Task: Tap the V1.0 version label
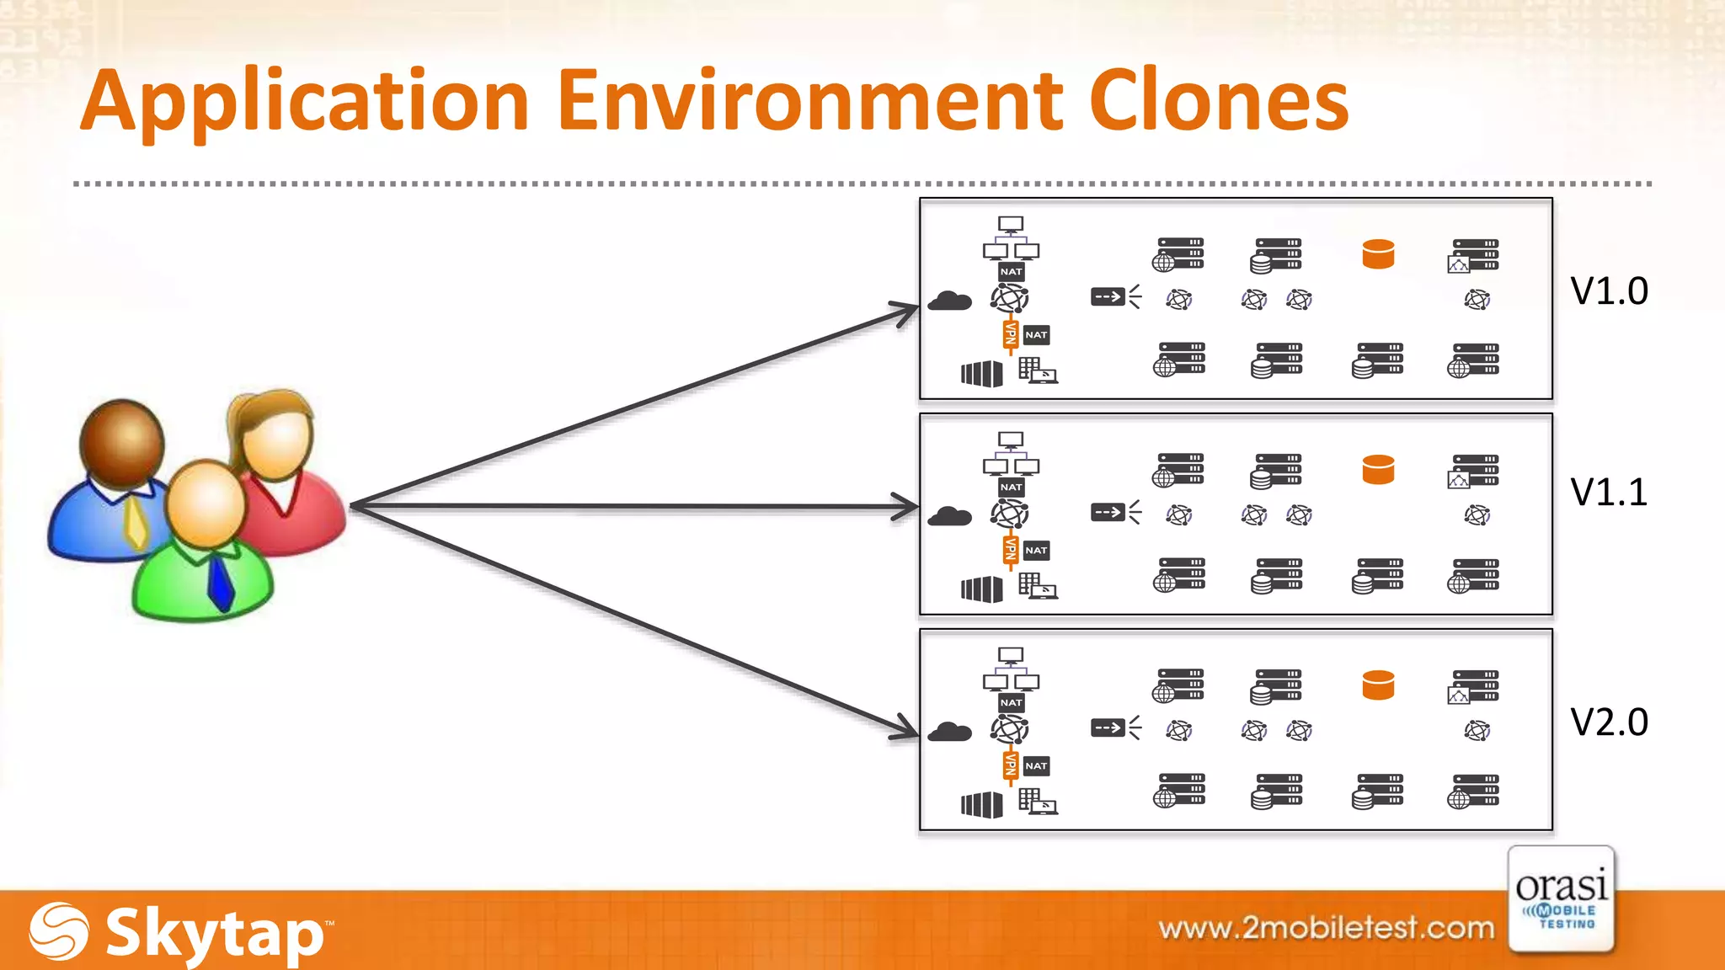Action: [x=1609, y=291]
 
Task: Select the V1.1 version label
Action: [x=1609, y=493]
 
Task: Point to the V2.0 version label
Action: [x=1609, y=722]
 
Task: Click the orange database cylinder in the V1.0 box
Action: [x=1378, y=253]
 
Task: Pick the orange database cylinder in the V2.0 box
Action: [x=1378, y=685]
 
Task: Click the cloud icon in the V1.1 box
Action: [x=949, y=516]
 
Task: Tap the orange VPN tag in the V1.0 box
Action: [x=1010, y=334]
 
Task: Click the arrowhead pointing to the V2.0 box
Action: [x=906, y=727]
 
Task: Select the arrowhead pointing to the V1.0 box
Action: [x=906, y=312]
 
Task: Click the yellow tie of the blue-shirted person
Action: [x=136, y=523]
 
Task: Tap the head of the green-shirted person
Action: [x=206, y=504]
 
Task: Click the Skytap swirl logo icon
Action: [x=59, y=931]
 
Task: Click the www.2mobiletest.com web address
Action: [x=1326, y=928]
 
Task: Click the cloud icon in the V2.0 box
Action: [x=949, y=732]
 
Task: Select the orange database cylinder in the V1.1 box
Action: [x=1378, y=469]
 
